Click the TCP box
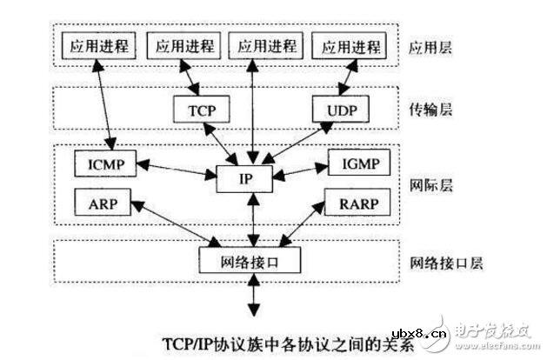click(206, 110)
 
